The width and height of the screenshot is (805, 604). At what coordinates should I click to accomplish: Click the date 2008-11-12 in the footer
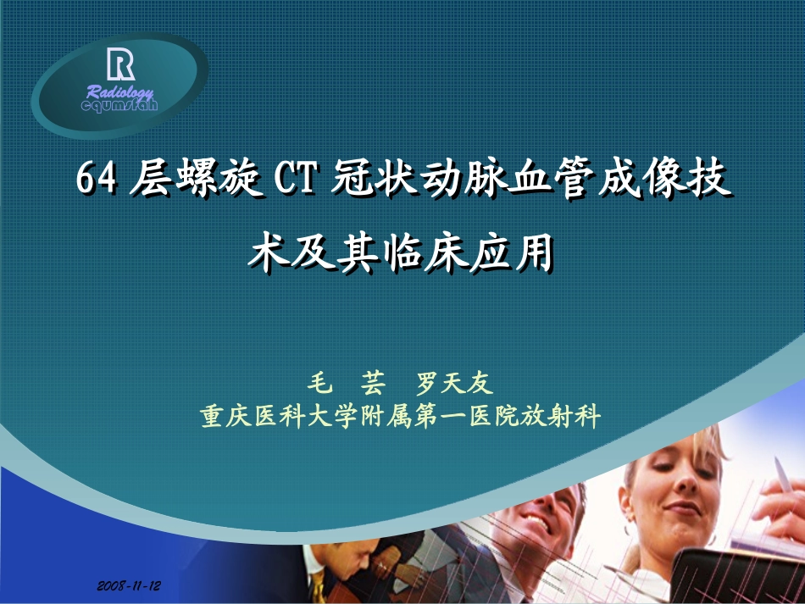129,585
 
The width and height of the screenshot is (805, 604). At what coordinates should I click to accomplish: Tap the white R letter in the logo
120,64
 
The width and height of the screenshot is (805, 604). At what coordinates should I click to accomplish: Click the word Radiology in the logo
119,92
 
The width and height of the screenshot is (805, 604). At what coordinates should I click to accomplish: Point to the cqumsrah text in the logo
119,106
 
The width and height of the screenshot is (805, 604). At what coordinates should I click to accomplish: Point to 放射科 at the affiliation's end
569,417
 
